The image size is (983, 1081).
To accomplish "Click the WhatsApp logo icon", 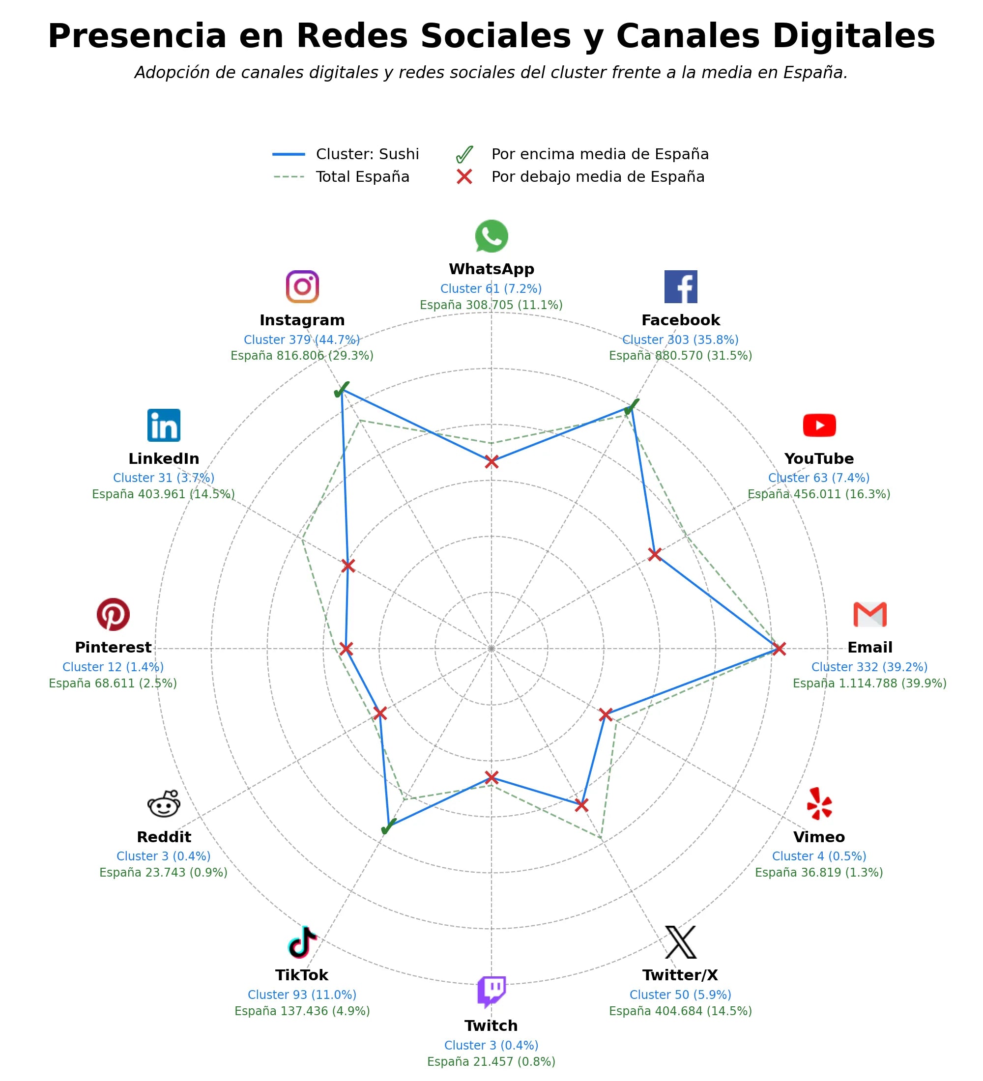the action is [x=491, y=236].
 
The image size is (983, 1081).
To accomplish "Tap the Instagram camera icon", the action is [x=302, y=287].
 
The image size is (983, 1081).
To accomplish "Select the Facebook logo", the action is [x=681, y=287].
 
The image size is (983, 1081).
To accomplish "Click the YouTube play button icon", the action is [x=819, y=425].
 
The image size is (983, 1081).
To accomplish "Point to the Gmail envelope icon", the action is [x=870, y=615].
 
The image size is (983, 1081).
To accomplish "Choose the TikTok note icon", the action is [x=302, y=942].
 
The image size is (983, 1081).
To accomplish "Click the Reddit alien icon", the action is [x=164, y=804].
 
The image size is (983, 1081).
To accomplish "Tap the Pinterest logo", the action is [x=113, y=615].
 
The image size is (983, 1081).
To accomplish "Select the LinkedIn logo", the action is [x=164, y=425].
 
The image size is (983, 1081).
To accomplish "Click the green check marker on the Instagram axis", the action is [x=342, y=390].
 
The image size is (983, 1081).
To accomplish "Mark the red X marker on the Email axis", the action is [x=779, y=648].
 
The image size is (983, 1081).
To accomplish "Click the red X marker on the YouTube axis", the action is [x=654, y=554].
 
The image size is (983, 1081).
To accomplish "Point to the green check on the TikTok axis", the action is [x=388, y=827].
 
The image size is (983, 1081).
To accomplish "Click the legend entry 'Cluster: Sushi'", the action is [x=346, y=154].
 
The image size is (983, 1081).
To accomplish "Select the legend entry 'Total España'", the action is [x=341, y=177].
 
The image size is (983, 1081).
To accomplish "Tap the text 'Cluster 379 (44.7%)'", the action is [x=302, y=340].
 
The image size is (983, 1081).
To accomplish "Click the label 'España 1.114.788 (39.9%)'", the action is [x=870, y=683].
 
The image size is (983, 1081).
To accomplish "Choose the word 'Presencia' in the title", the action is [x=137, y=36].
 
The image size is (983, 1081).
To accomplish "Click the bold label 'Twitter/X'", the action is [x=680, y=975].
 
